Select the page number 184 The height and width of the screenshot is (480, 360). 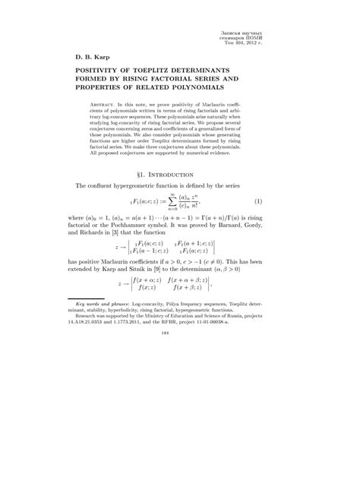[179, 437]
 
